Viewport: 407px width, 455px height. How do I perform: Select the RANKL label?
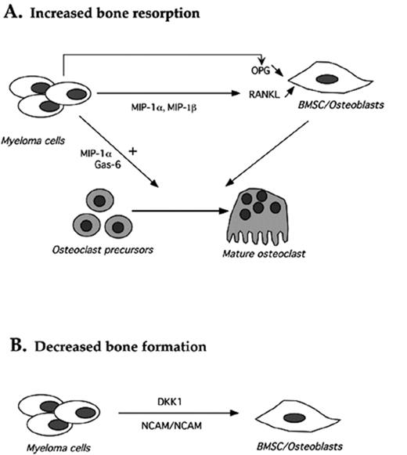coord(266,91)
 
